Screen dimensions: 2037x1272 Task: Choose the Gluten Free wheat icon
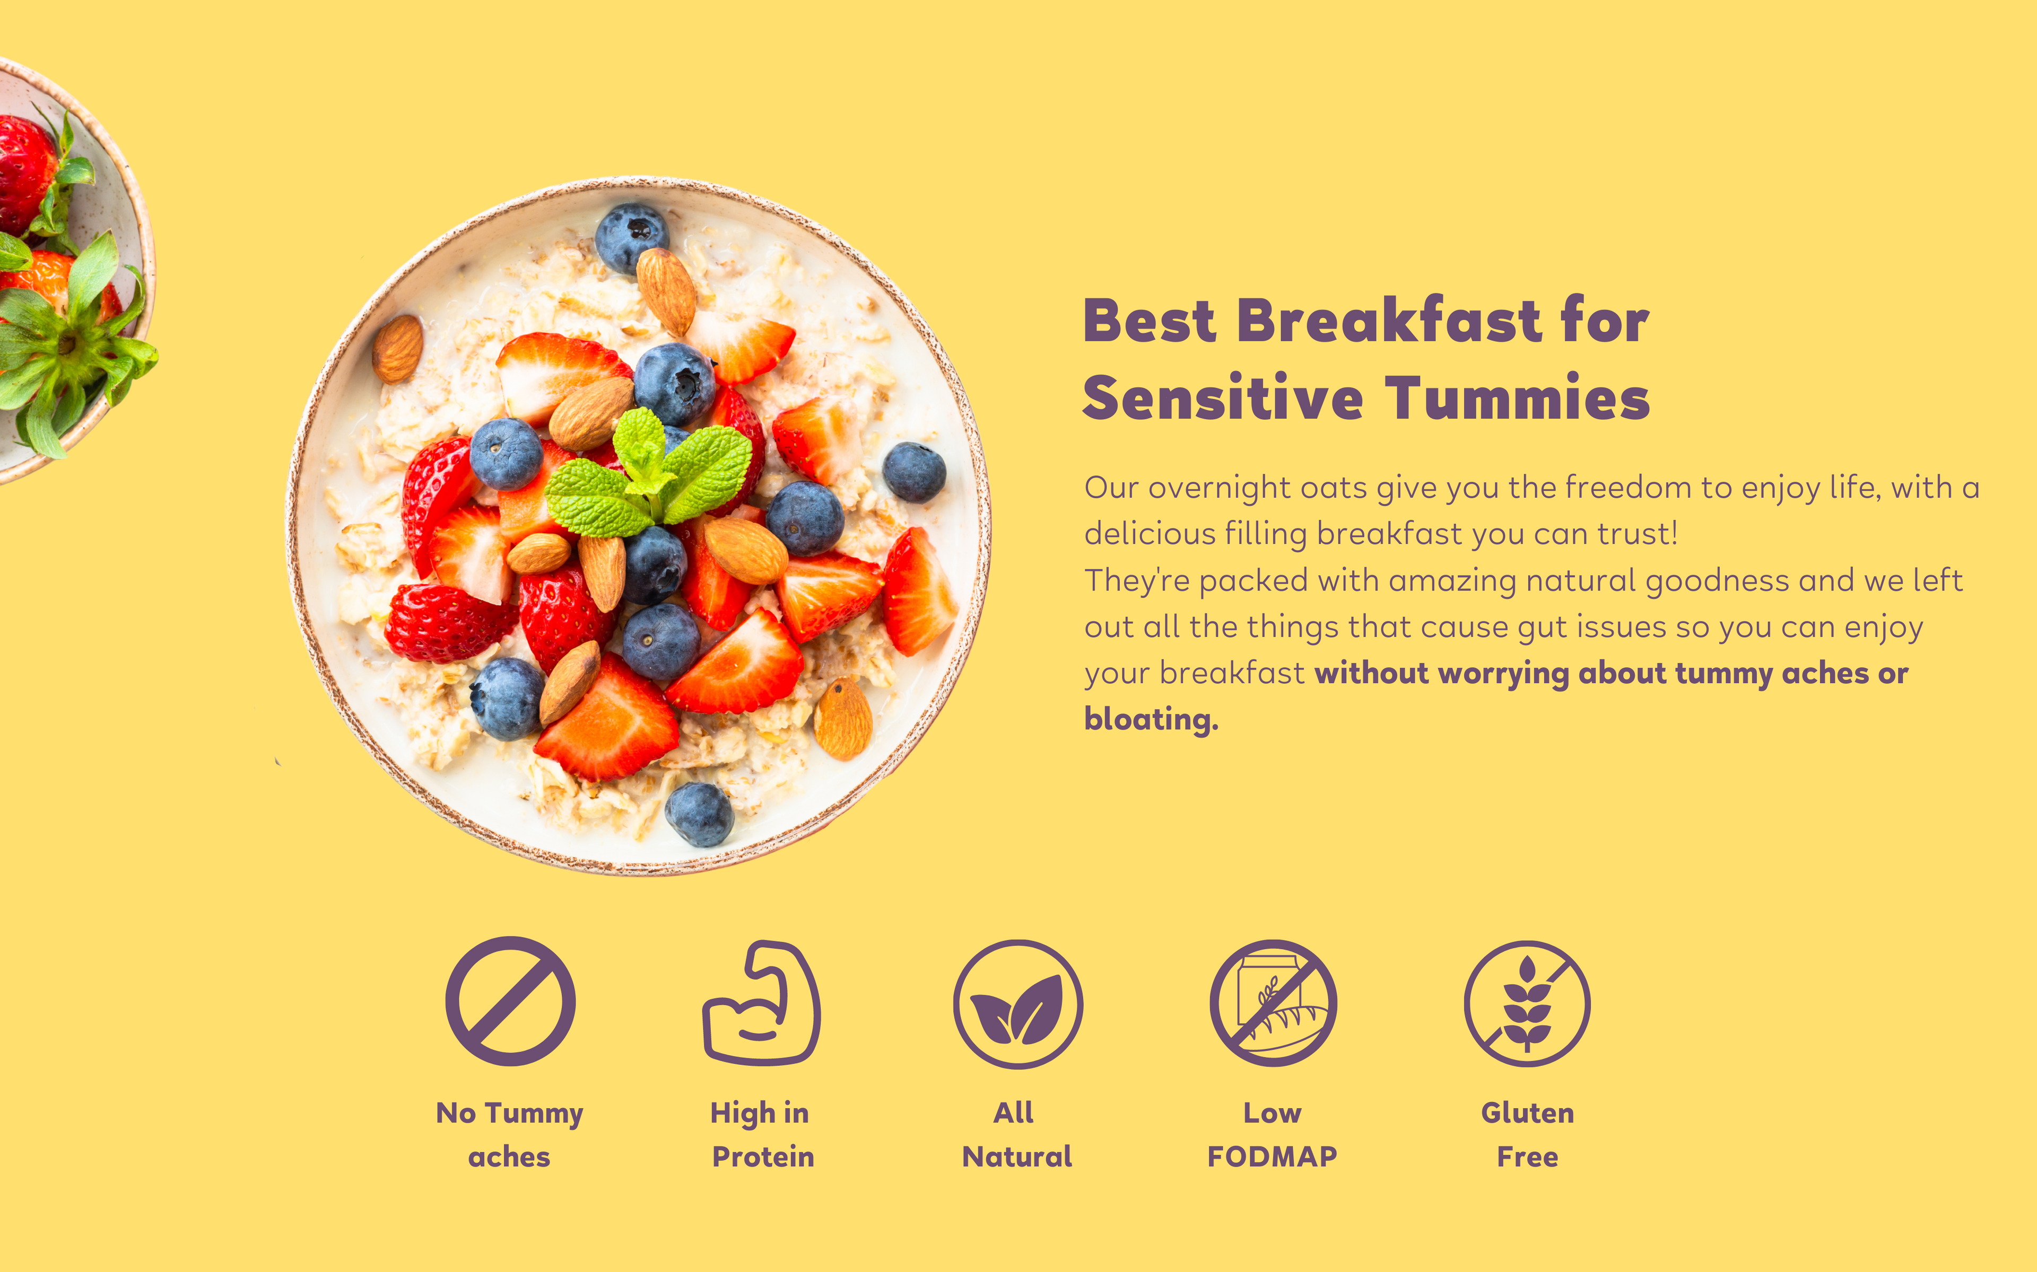click(1527, 1004)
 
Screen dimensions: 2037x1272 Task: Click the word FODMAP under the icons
click(1272, 1157)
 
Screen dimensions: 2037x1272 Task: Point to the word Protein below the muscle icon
click(763, 1157)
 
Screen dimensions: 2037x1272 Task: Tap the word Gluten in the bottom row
click(1527, 1113)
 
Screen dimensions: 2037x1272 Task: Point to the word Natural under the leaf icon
click(1017, 1157)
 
